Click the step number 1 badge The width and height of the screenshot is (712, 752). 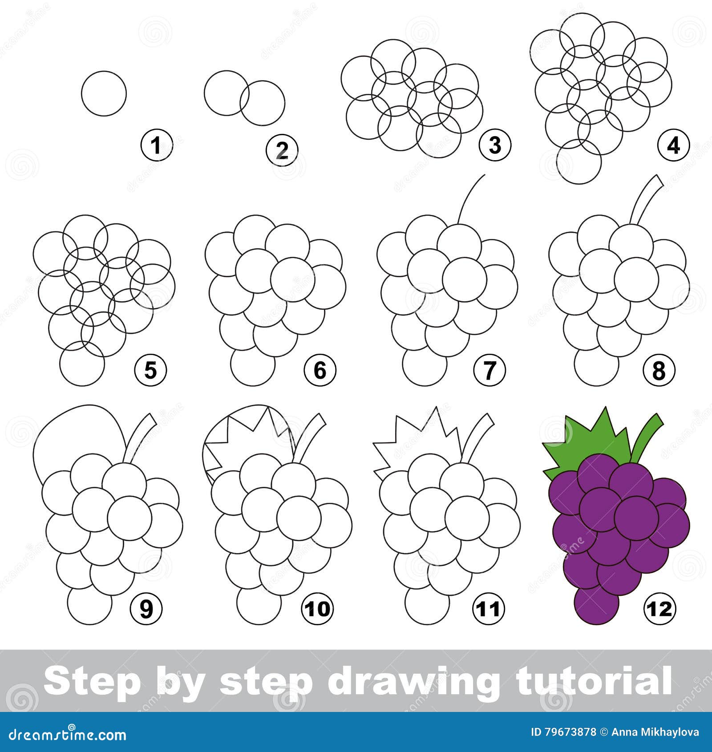156,146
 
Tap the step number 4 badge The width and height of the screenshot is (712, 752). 674,146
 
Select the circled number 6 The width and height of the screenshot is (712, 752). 320,370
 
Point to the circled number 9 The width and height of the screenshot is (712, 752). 146,608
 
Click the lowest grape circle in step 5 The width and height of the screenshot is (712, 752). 82,364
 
